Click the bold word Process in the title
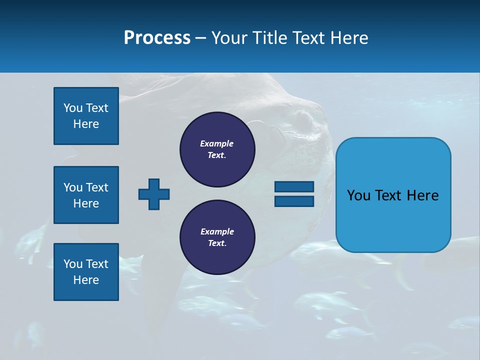click(157, 38)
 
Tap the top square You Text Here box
click(86, 116)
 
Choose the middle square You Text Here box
click(86, 195)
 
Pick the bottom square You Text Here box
click(86, 272)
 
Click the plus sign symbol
click(154, 194)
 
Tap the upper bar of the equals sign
click(294, 187)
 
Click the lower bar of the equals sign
click(294, 201)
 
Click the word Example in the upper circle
click(217, 143)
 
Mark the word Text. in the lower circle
click(217, 243)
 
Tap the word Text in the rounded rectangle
click(389, 195)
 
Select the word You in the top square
click(73, 108)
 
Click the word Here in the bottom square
click(86, 280)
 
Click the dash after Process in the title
click(200, 38)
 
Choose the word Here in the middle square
click(86, 203)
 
